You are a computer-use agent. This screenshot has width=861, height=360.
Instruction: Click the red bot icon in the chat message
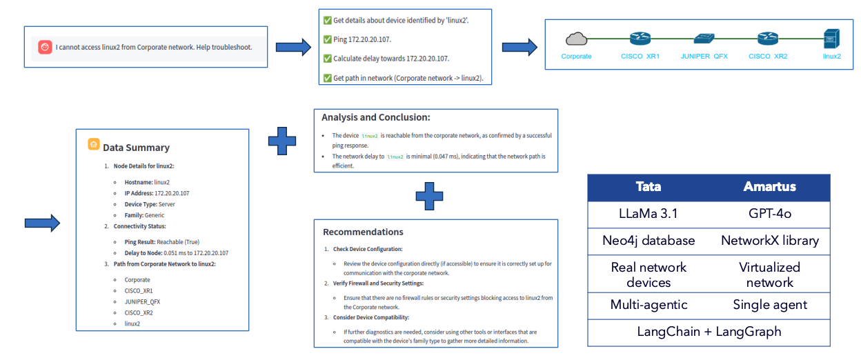point(46,48)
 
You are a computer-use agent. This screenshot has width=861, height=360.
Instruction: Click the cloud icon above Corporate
point(576,39)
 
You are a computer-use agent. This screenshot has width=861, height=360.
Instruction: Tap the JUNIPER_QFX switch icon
point(704,39)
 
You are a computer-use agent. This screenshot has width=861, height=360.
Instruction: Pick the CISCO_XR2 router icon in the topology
point(768,39)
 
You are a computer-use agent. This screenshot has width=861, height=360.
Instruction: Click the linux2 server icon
point(832,39)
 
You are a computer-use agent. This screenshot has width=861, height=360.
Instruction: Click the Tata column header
point(648,187)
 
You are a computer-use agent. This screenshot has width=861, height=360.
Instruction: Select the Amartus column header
point(769,187)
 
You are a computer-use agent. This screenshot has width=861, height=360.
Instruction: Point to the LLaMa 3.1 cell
point(648,214)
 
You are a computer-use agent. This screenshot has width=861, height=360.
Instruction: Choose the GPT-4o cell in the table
point(769,214)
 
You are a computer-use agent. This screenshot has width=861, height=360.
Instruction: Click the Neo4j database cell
point(648,241)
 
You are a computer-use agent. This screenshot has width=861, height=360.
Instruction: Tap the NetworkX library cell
point(769,241)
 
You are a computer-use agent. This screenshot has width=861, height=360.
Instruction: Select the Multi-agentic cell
point(648,304)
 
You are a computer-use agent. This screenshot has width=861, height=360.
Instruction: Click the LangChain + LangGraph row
point(709,331)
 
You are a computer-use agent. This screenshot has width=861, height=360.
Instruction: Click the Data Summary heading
point(136,147)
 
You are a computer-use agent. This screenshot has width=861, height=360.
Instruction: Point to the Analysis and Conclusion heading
point(376,117)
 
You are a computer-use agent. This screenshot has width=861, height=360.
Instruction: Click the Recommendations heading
point(363,232)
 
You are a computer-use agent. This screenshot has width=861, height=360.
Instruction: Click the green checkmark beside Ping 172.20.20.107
point(327,40)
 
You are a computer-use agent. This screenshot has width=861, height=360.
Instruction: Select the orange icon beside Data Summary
point(94,145)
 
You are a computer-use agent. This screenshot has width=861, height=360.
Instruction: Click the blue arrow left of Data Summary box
point(42,223)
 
